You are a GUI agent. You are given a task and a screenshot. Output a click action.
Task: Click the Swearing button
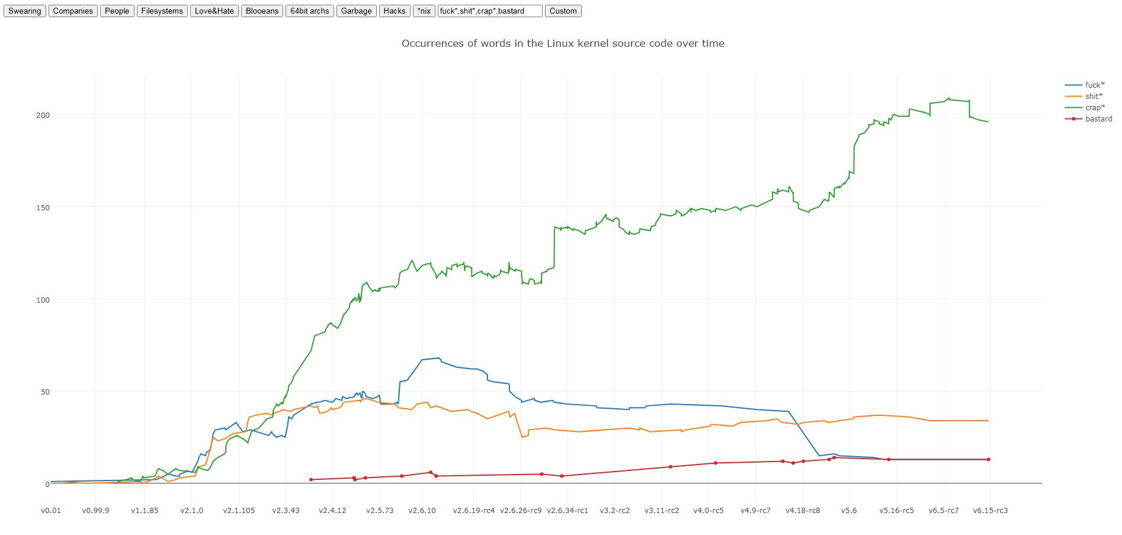[x=25, y=11]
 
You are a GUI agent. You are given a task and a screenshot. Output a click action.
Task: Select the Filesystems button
[x=162, y=11]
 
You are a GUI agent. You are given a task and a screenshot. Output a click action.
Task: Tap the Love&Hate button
[x=214, y=11]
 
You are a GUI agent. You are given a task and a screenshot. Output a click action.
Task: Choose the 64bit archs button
[x=309, y=11]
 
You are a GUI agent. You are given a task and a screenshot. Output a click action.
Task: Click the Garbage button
[x=356, y=11]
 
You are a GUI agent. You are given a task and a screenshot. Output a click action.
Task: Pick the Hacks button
[x=395, y=11]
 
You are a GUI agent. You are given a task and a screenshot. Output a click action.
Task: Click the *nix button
[x=424, y=11]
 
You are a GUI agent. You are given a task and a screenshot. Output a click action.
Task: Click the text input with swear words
[x=489, y=11]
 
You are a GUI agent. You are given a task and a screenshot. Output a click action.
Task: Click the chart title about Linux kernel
[x=563, y=43]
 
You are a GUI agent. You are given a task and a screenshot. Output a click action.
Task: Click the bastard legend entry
[x=1098, y=118]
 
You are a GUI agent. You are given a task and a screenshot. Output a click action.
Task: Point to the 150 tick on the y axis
[x=43, y=207]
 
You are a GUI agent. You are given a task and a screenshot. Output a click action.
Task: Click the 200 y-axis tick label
[x=43, y=115]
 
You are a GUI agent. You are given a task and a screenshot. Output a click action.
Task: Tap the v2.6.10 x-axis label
[x=422, y=510]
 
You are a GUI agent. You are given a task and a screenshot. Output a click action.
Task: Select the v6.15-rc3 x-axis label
[x=990, y=510]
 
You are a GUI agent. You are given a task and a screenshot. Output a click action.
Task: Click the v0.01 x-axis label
[x=51, y=510]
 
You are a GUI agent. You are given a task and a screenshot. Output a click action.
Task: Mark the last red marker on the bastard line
[x=989, y=459]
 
